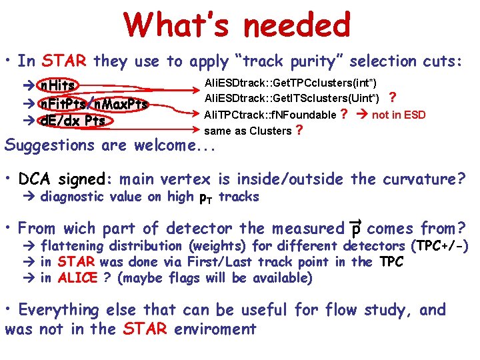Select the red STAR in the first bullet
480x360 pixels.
pos(65,61)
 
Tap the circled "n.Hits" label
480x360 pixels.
pos(57,85)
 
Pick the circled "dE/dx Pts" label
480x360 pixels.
pos(72,121)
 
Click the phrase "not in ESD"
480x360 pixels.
pos(399,115)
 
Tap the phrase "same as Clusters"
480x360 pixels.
pos(247,131)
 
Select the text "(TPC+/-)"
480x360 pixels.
pos(441,247)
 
